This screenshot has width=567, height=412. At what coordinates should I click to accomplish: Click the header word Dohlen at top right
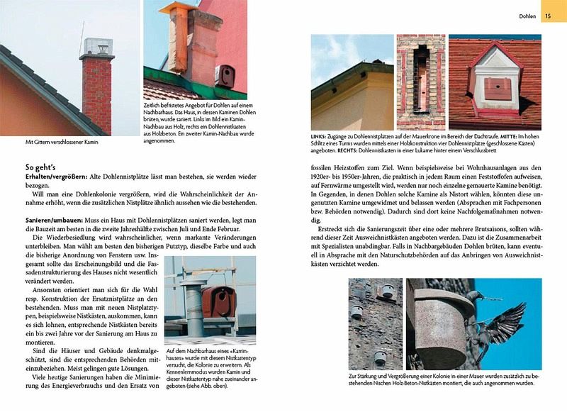(527, 14)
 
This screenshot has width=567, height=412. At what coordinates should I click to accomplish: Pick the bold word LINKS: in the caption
(320, 135)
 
